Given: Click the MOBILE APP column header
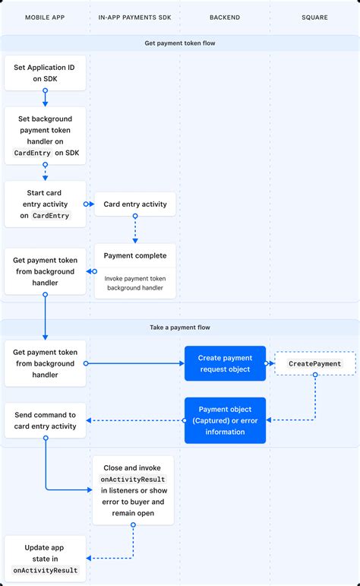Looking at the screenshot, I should (x=45, y=17).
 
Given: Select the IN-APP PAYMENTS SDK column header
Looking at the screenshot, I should (x=134, y=17).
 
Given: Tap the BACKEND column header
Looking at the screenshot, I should (x=225, y=17).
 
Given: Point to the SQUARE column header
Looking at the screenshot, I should (x=314, y=17).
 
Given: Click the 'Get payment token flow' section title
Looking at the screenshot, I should (x=180, y=43).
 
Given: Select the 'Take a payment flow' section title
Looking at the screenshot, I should (x=180, y=328).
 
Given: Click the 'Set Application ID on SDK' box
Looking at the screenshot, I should (x=45, y=73).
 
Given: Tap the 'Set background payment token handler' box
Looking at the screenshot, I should (x=45, y=136).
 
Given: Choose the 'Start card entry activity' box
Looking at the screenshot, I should (x=45, y=204).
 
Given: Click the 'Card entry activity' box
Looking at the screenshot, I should (x=134, y=204).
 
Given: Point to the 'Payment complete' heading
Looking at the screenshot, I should (x=134, y=255).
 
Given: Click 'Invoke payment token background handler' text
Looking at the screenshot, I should (x=134, y=283).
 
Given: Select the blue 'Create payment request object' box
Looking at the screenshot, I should (x=225, y=363).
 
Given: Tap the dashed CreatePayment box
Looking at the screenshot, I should (x=314, y=364).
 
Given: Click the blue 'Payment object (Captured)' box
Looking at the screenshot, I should (x=225, y=420).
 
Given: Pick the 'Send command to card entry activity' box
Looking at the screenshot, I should (x=45, y=420).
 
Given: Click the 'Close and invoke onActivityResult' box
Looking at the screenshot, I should (x=134, y=490).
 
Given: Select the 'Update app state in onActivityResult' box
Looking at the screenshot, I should (x=45, y=559).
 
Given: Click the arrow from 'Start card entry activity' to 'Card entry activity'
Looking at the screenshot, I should (x=89, y=204).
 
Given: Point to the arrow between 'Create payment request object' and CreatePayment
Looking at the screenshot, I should (x=270, y=364).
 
